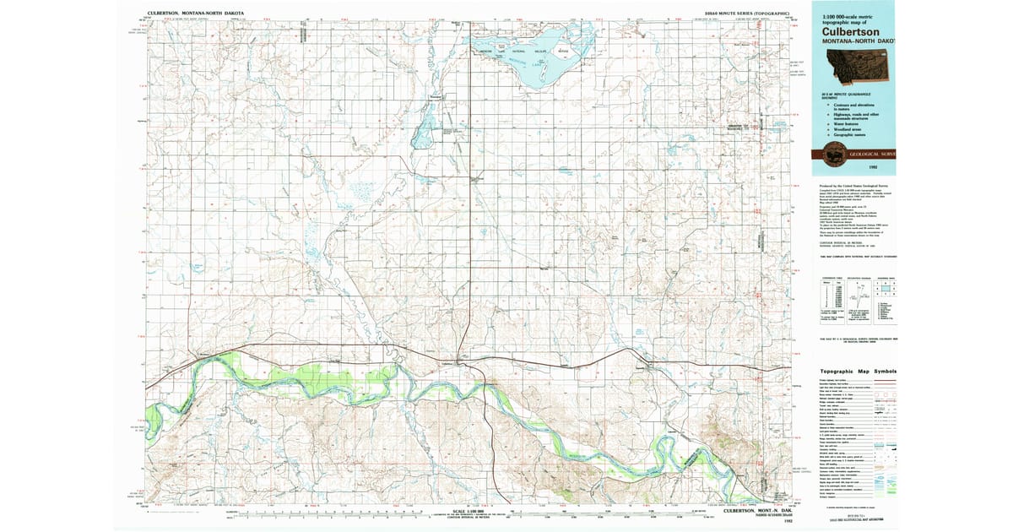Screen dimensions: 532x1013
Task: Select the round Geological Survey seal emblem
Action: click(826, 155)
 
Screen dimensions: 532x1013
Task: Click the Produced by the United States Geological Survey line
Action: click(848, 185)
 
